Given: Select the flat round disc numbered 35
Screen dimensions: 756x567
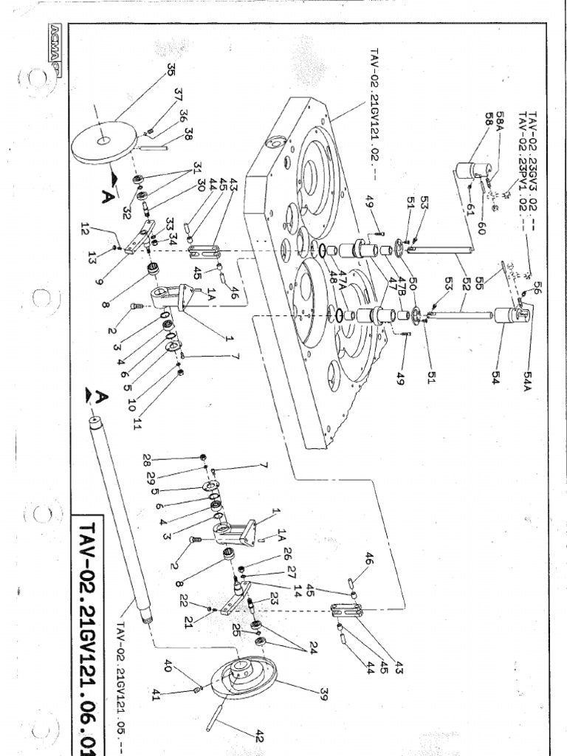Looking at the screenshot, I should click(104, 142).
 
